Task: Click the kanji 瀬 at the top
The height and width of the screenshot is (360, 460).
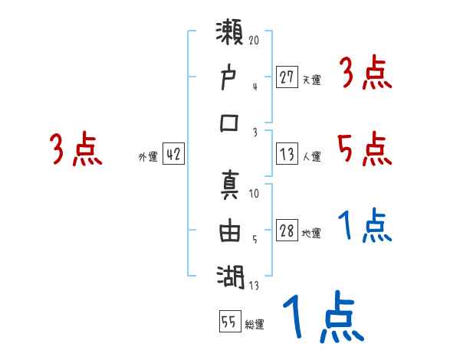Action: [230, 35]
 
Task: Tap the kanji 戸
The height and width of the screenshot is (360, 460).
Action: [230, 78]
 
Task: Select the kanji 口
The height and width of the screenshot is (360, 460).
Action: [230, 123]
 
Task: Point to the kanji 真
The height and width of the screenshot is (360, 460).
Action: [230, 187]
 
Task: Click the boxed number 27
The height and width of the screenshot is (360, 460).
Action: [287, 77]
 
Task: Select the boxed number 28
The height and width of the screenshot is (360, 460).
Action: [287, 231]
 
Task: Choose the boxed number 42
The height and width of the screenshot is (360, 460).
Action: [173, 154]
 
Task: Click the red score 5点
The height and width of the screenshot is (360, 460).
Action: [363, 148]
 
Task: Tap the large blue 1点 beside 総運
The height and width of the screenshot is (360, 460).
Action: [322, 319]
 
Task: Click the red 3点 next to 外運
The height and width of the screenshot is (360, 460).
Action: [75, 149]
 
